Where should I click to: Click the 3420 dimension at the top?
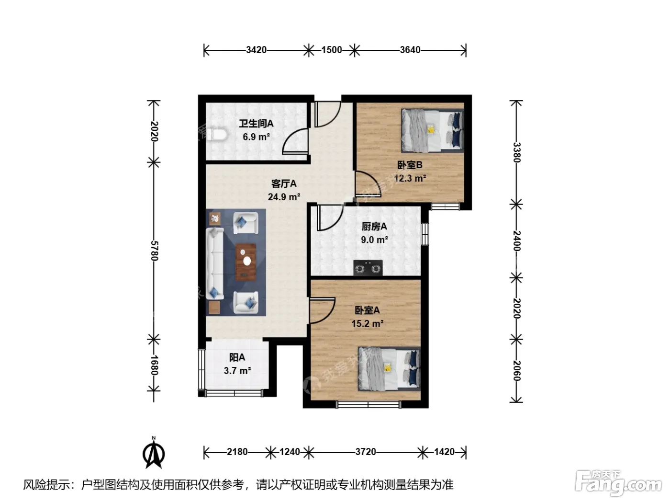[256, 50]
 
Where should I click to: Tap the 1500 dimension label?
[332, 50]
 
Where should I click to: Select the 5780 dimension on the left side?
[155, 251]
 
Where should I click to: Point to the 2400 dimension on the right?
[516, 240]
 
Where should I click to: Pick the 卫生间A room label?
[256, 124]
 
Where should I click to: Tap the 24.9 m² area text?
[284, 197]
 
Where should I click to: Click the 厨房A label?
[374, 226]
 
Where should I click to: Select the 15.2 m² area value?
[367, 323]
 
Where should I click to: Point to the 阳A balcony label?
[237, 357]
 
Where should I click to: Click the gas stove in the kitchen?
[368, 267]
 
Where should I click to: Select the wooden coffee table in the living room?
[246, 262]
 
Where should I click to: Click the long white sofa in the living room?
[215, 263]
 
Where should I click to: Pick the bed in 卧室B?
[432, 130]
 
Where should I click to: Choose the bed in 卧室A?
[389, 368]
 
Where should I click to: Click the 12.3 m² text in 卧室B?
[410, 178]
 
